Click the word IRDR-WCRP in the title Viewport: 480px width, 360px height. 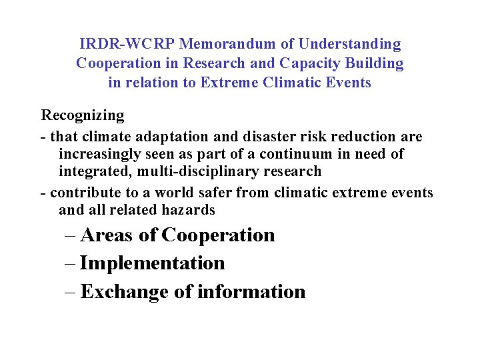[x=127, y=45]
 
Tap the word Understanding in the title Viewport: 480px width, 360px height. [x=350, y=45]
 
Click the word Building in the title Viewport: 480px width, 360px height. [x=378, y=64]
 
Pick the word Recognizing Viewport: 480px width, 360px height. [x=83, y=115]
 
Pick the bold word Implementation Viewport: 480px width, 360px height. [x=152, y=263]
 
